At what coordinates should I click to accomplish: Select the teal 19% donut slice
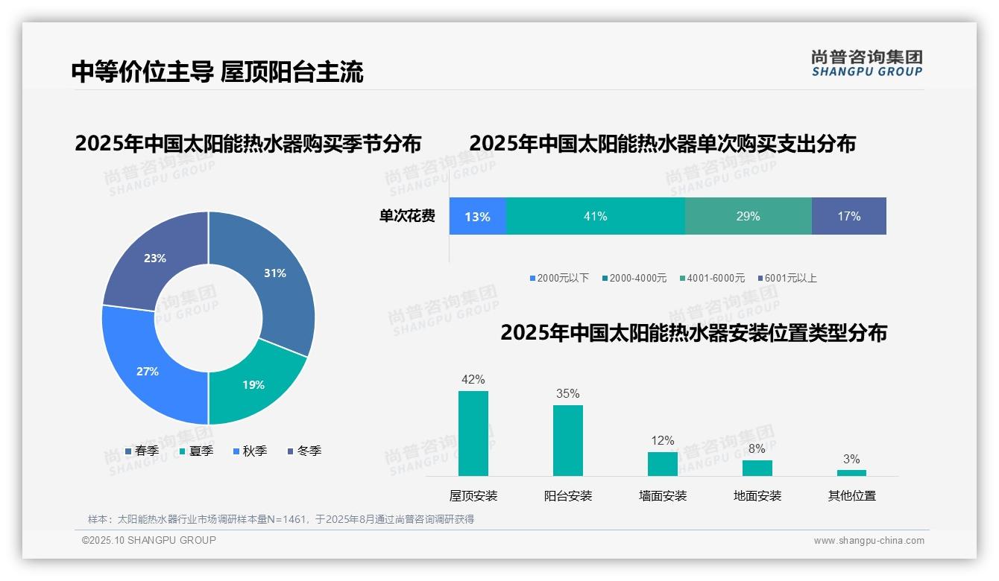253,384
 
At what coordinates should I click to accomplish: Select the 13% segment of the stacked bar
477,217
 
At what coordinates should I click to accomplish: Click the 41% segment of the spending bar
595,217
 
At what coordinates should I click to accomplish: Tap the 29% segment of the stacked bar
748,217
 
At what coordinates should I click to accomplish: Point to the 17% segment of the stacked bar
848,217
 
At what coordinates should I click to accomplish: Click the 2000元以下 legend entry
559,278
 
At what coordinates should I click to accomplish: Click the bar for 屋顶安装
473,434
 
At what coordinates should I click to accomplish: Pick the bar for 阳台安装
567,440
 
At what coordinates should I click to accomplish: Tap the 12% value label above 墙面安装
662,440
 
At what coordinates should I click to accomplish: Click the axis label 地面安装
757,495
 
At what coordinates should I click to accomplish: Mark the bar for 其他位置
851,473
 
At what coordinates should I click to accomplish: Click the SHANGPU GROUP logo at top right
866,63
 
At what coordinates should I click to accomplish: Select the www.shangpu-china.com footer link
869,541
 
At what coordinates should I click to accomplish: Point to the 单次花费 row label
407,217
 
